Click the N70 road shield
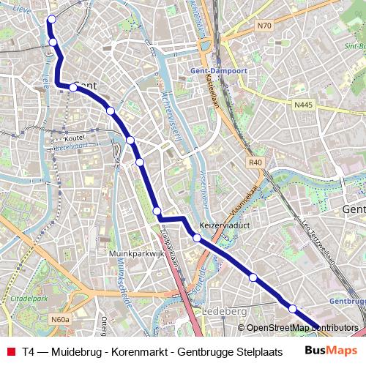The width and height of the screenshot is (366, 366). (264, 26)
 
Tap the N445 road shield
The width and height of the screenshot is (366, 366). (304, 105)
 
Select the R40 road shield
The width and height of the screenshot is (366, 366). (255, 163)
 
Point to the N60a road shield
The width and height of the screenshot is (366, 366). (60, 319)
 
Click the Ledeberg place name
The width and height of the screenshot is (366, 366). (225, 311)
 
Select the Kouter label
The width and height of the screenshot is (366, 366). (75, 137)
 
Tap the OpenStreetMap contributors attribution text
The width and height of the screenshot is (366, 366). (302, 328)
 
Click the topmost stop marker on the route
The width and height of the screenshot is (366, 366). (51, 20)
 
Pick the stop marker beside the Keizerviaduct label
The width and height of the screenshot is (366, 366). (197, 237)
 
